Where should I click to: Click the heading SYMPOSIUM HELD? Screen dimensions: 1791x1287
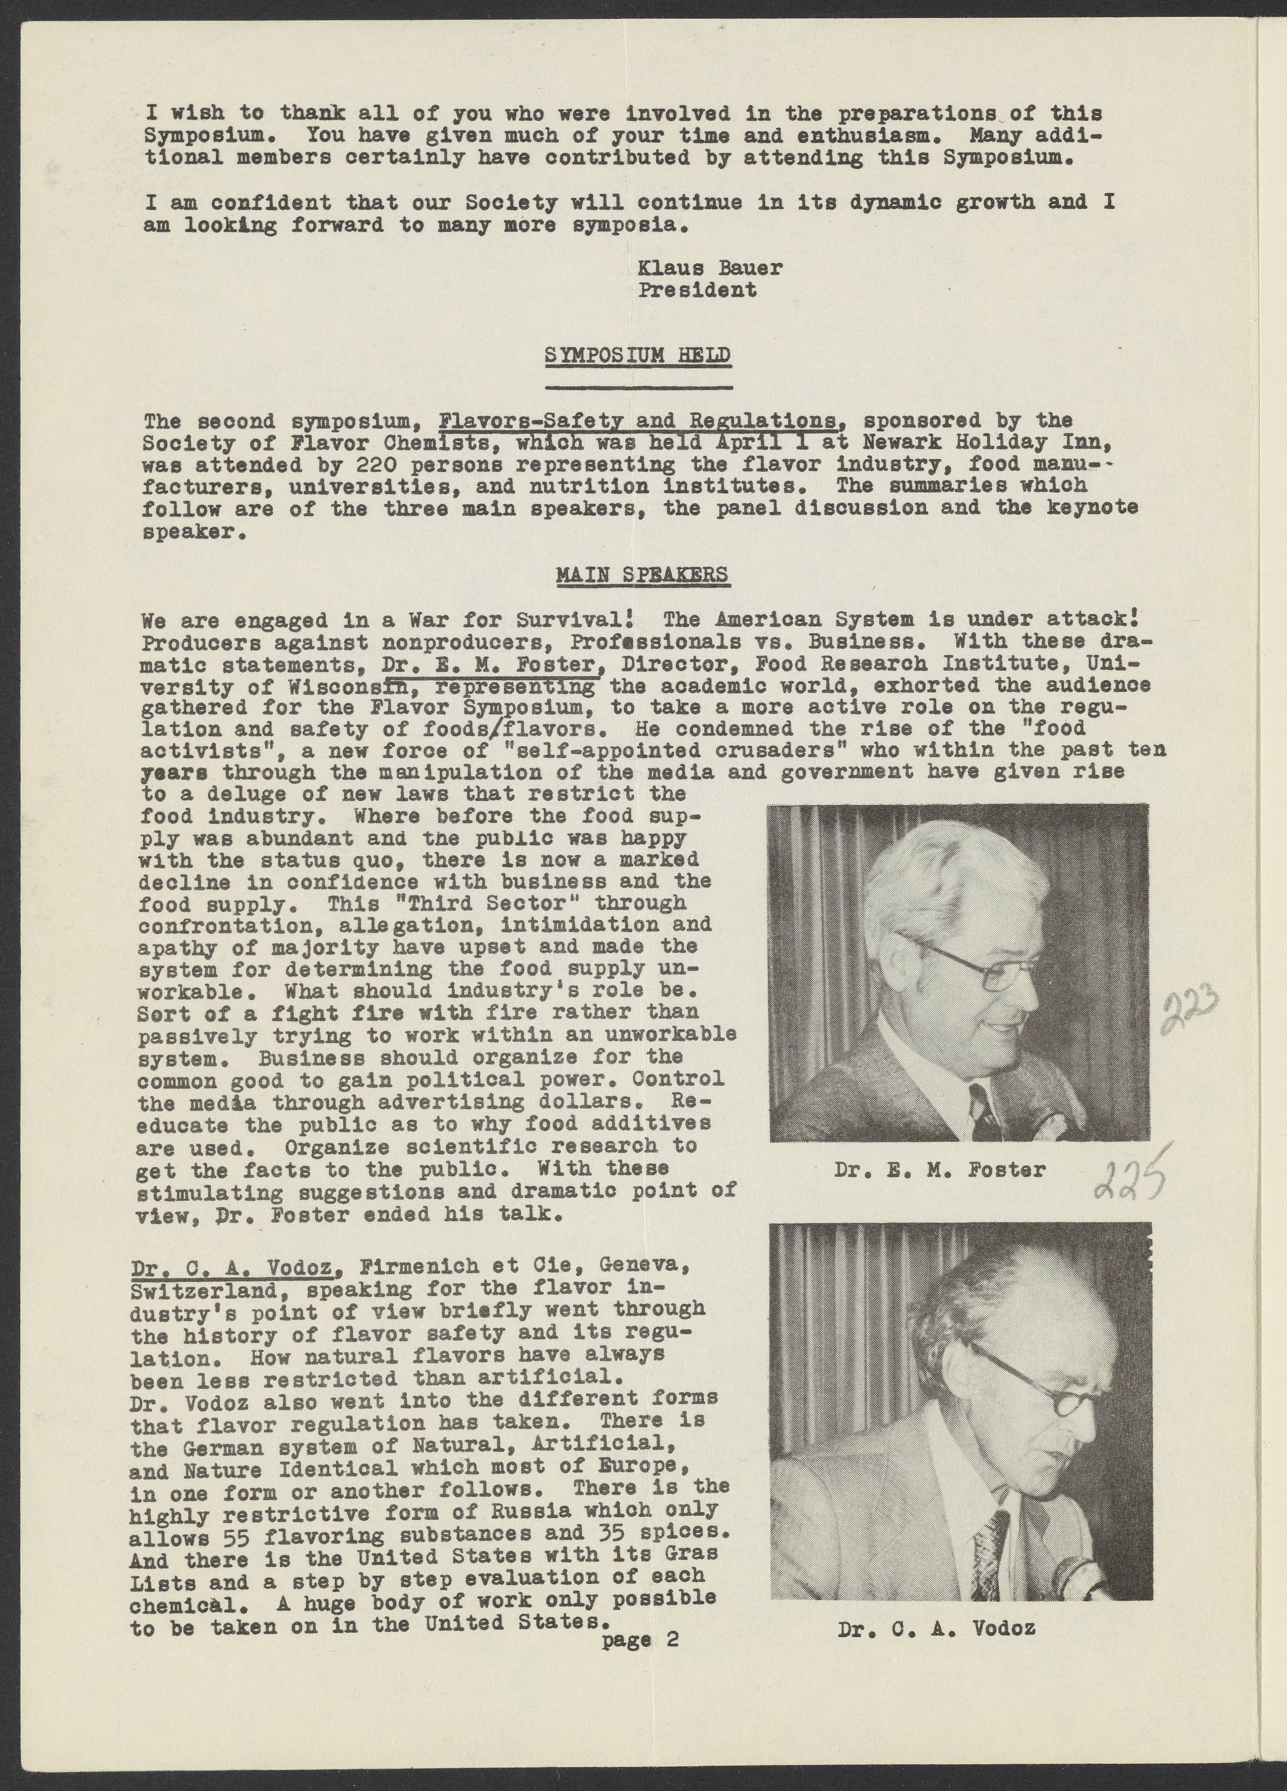(x=637, y=356)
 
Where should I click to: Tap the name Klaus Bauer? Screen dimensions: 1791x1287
(x=710, y=268)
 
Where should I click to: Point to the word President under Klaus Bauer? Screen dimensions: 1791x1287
(x=697, y=290)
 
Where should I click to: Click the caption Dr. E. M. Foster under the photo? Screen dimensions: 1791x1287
(x=940, y=1169)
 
